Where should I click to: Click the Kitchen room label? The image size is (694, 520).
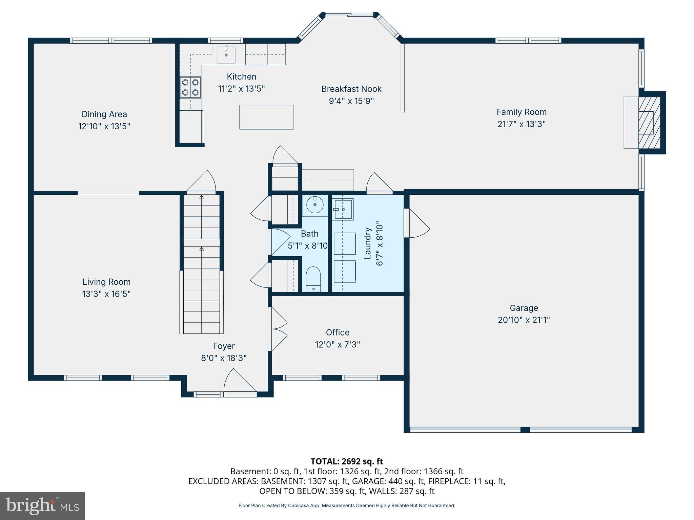tap(242, 77)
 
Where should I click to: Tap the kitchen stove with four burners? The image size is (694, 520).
tap(190, 87)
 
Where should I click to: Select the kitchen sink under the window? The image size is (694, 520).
tap(226, 54)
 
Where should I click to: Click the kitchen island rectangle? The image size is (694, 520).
tap(267, 117)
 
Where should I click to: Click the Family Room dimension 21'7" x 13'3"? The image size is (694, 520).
tap(522, 124)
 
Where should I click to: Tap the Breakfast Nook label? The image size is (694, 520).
tap(351, 89)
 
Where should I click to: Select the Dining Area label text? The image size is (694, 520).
tap(104, 114)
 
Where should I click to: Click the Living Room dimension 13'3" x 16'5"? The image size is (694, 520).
tap(106, 294)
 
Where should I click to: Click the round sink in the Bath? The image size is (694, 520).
tap(315, 204)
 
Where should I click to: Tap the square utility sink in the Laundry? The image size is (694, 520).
tap(344, 210)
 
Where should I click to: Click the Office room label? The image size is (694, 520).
tap(338, 332)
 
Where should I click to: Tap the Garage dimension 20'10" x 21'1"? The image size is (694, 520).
tap(524, 320)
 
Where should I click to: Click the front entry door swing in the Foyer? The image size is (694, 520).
tap(240, 383)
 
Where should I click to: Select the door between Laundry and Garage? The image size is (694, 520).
tap(417, 223)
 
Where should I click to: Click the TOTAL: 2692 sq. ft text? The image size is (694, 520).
tap(347, 461)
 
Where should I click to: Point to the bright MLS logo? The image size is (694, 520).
tap(42, 506)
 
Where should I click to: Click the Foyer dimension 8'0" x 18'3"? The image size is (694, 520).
tap(224, 358)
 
